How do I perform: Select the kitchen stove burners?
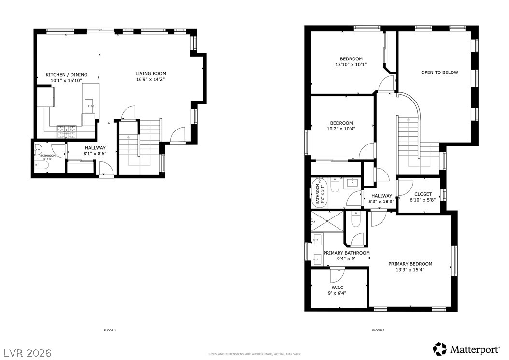(x=67, y=129)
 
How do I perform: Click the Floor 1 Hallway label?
(x=95, y=148)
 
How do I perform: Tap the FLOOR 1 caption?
(x=110, y=330)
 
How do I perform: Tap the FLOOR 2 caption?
(x=378, y=330)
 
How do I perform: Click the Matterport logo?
(x=468, y=348)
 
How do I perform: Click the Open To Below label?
(x=439, y=72)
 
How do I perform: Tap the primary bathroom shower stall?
(x=327, y=221)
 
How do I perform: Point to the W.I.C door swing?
(x=336, y=275)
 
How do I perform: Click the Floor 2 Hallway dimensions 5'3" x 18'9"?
(x=382, y=202)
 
